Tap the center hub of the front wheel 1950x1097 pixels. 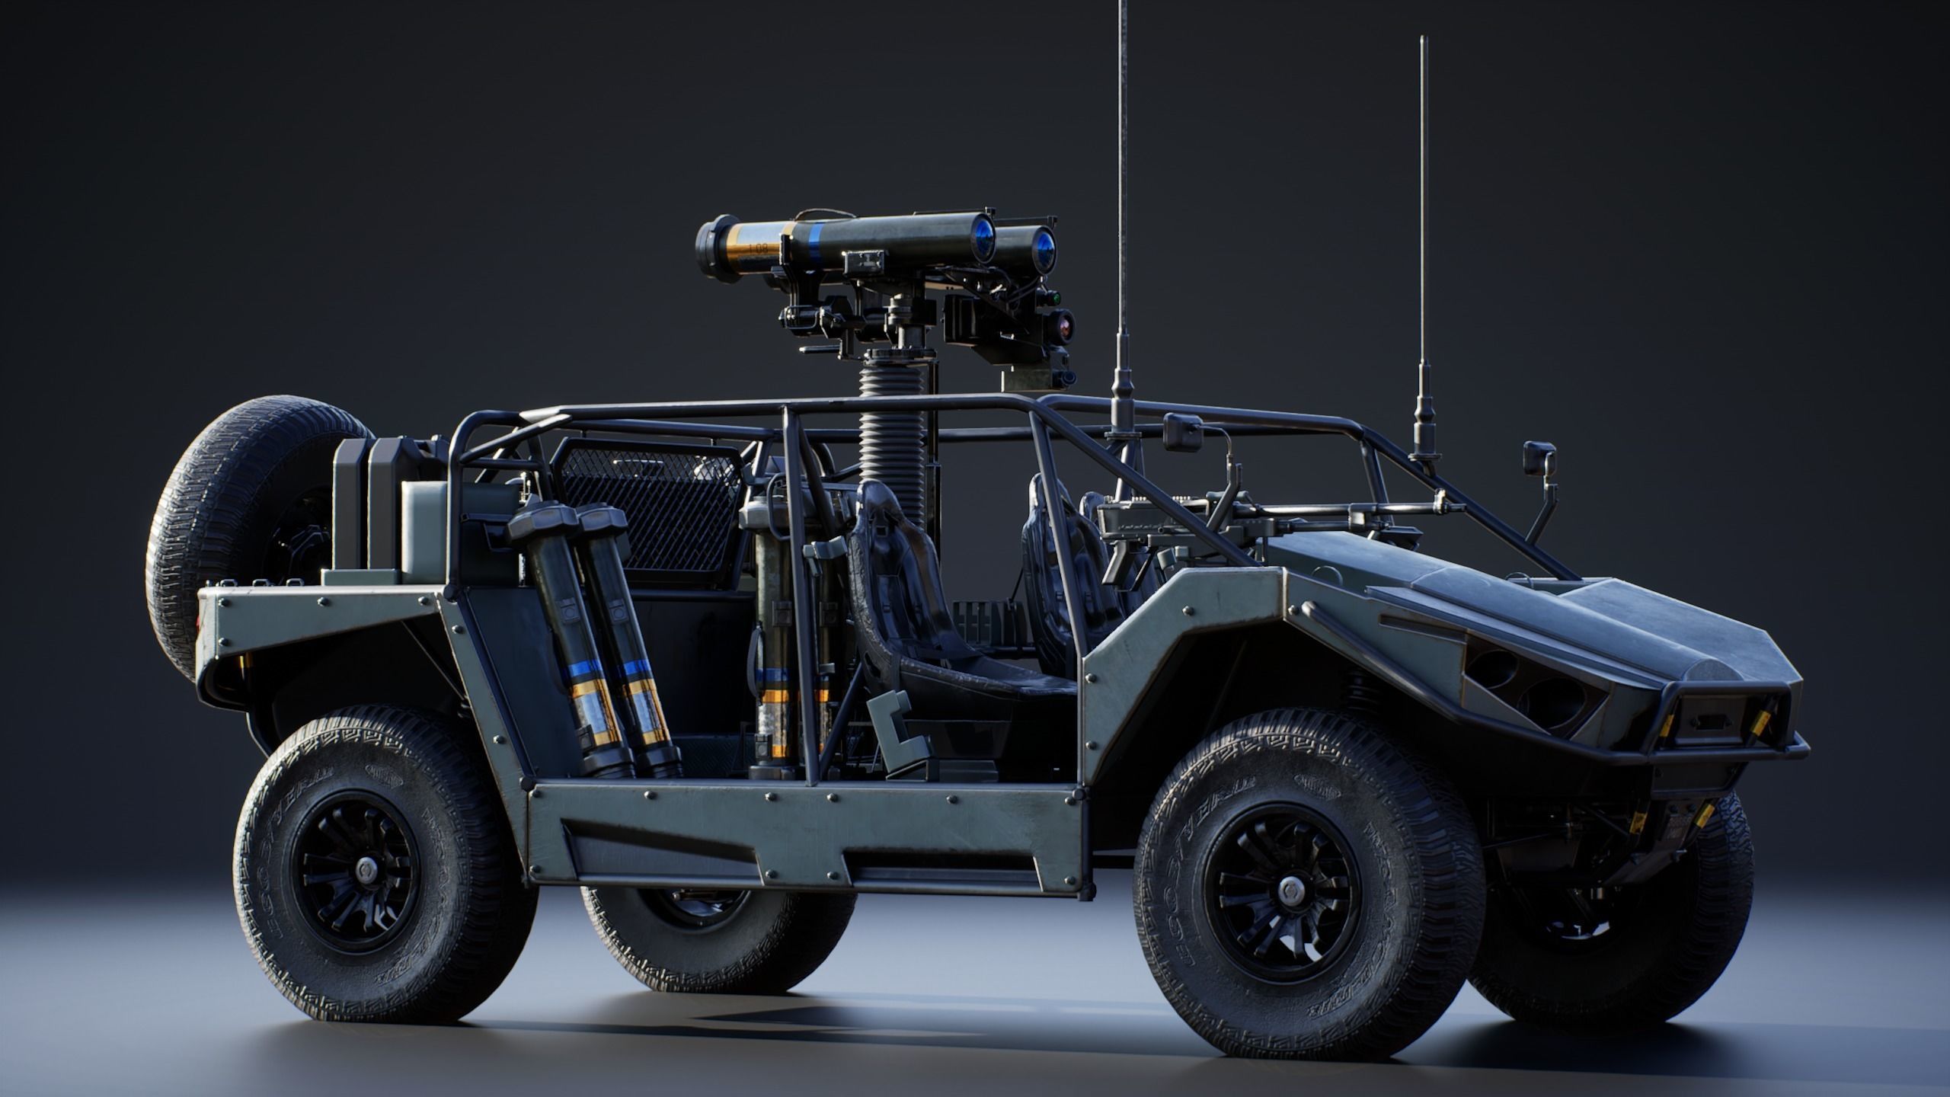coord(1287,887)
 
